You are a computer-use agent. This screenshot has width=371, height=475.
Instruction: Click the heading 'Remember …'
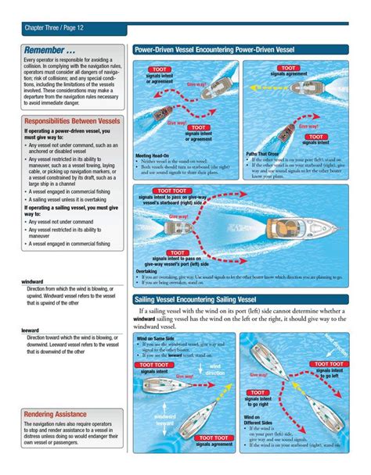pos(49,50)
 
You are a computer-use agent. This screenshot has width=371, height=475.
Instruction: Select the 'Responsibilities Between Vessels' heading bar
pos(72,121)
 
